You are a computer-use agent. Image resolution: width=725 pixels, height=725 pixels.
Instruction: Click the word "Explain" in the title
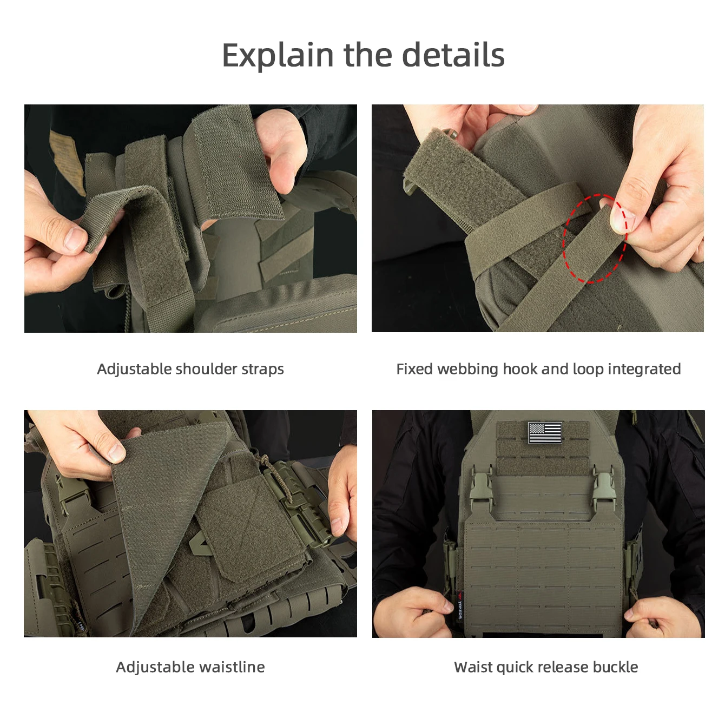278,55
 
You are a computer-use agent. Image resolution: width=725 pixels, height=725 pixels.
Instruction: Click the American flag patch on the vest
545,432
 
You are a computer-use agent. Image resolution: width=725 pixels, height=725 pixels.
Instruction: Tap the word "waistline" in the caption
232,667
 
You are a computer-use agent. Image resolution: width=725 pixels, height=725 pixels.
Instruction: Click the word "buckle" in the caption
615,667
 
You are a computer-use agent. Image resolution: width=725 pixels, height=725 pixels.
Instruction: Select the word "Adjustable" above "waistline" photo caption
155,668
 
